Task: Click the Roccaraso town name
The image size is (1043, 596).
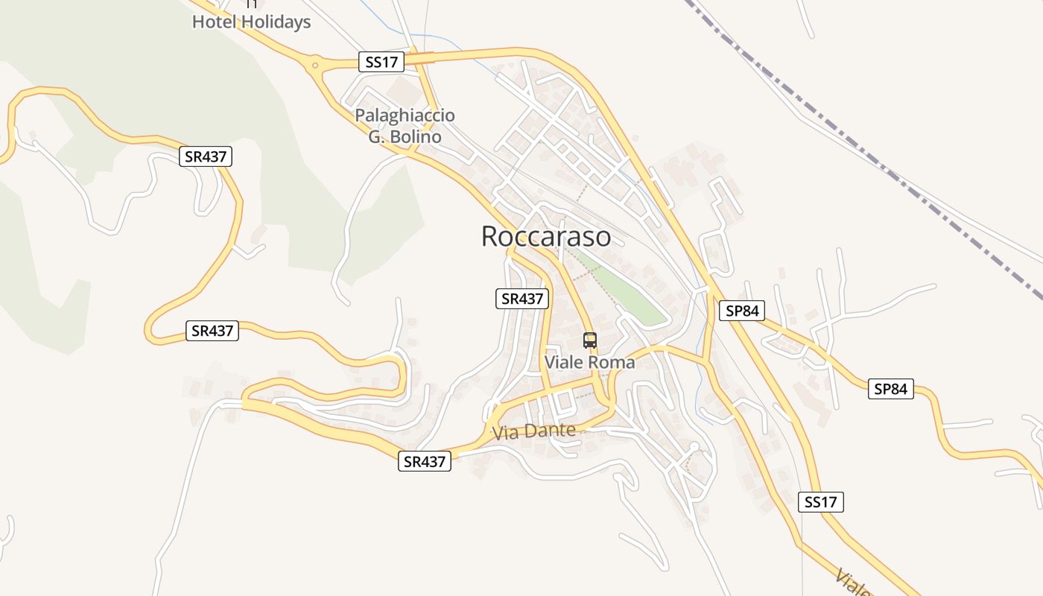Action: click(546, 236)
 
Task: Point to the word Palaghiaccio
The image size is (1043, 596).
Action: click(405, 115)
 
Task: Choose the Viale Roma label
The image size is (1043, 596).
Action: click(590, 362)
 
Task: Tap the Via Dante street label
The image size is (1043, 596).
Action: click(533, 431)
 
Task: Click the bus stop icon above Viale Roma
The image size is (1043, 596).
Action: click(590, 340)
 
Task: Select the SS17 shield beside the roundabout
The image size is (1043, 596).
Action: click(383, 62)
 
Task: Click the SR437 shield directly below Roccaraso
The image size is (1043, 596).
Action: click(522, 299)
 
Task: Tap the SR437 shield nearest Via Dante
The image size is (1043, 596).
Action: click(425, 462)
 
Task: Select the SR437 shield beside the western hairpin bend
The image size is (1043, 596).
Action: click(212, 331)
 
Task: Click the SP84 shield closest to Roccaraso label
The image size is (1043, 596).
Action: click(742, 311)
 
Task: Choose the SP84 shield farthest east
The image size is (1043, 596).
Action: click(890, 389)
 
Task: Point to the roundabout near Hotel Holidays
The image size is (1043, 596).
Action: click(317, 66)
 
